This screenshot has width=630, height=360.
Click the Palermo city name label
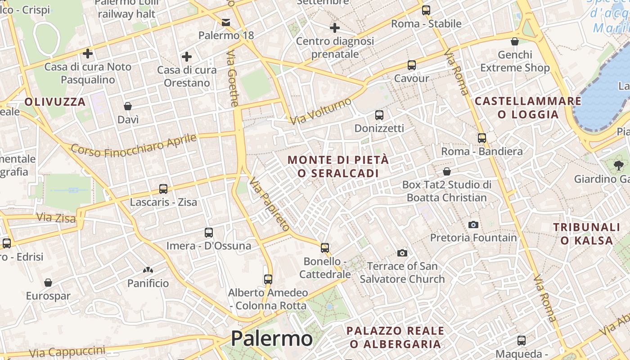(x=271, y=338)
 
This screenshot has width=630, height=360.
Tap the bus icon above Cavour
(x=411, y=65)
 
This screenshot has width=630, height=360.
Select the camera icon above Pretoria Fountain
(x=473, y=224)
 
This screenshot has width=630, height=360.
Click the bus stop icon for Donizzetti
(x=379, y=115)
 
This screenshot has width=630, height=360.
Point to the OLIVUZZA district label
(x=55, y=102)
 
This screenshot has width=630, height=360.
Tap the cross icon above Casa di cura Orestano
(x=186, y=57)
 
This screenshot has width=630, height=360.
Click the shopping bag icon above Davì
(x=128, y=106)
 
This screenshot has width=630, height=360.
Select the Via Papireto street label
(x=270, y=204)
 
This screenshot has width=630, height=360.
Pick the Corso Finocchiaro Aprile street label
(x=134, y=145)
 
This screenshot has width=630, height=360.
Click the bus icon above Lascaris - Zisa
(x=163, y=189)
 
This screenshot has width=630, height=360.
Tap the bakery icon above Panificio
(x=148, y=270)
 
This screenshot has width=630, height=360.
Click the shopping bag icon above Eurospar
(x=48, y=283)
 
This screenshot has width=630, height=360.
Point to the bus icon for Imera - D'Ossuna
(x=208, y=233)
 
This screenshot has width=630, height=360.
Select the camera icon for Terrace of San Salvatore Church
(x=402, y=253)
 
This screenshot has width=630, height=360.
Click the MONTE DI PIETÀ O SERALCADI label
(x=338, y=166)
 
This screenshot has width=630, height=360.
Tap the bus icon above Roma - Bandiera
(x=482, y=138)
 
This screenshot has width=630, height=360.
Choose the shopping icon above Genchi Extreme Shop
(x=515, y=42)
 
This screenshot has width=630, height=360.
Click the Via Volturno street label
(x=320, y=111)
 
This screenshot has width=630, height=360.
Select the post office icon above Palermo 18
(x=226, y=22)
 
